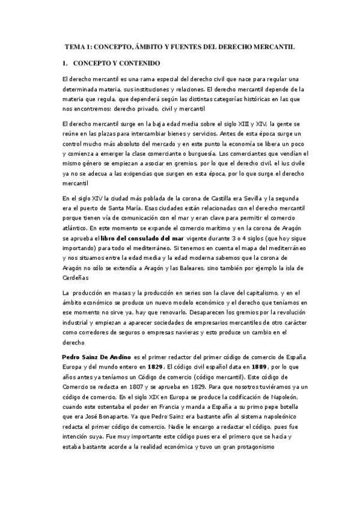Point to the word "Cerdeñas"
pyautogui.click(x=76, y=278)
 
